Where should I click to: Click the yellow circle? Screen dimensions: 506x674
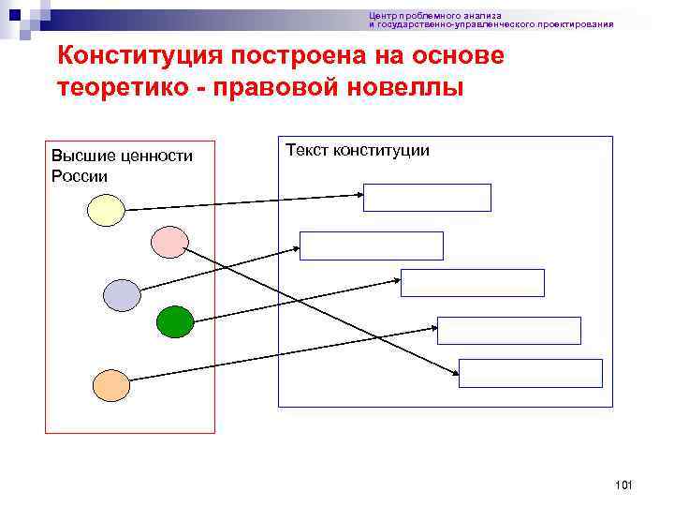(x=107, y=210)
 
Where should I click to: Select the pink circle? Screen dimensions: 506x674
(x=169, y=242)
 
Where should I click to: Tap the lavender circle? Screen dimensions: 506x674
(x=122, y=294)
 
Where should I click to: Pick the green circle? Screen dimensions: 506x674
(x=174, y=322)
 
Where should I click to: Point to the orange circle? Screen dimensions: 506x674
(x=111, y=383)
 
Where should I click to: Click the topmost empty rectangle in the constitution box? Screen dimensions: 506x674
(x=427, y=198)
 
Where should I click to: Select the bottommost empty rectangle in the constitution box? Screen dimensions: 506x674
(x=531, y=373)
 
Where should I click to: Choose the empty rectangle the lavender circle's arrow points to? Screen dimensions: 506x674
(x=372, y=246)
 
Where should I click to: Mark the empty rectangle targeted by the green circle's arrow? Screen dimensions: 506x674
(x=473, y=283)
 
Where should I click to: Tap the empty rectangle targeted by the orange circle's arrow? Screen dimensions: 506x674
(x=509, y=331)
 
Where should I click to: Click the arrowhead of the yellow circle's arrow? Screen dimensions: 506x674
(x=359, y=195)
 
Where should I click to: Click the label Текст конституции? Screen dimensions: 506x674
(x=357, y=150)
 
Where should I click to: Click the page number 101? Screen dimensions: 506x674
(x=624, y=484)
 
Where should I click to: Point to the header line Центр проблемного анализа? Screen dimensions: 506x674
(x=434, y=16)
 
